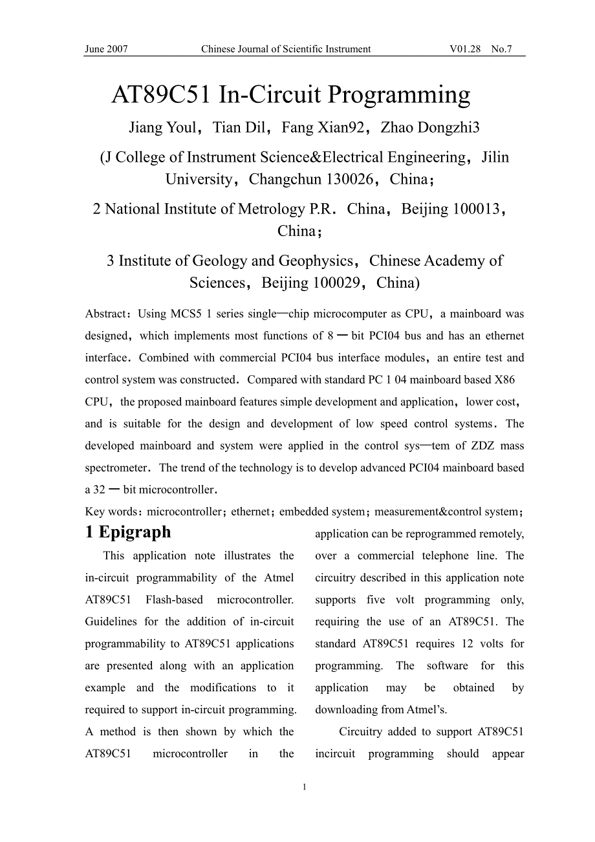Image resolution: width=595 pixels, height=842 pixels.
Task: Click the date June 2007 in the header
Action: click(107, 49)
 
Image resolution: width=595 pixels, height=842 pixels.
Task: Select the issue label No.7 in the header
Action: click(501, 49)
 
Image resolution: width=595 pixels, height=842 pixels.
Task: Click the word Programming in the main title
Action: click(399, 95)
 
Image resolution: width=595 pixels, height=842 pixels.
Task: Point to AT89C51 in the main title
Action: click(162, 95)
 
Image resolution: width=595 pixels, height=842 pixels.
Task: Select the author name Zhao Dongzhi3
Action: click(430, 127)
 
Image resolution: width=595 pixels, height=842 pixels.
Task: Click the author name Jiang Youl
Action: click(162, 127)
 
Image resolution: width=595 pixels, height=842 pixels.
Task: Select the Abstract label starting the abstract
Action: click(106, 314)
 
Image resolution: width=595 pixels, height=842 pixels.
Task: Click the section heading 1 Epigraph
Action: click(128, 532)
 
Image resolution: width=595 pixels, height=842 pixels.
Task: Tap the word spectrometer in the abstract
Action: click(117, 468)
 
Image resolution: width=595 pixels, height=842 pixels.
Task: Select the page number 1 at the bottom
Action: click(304, 787)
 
